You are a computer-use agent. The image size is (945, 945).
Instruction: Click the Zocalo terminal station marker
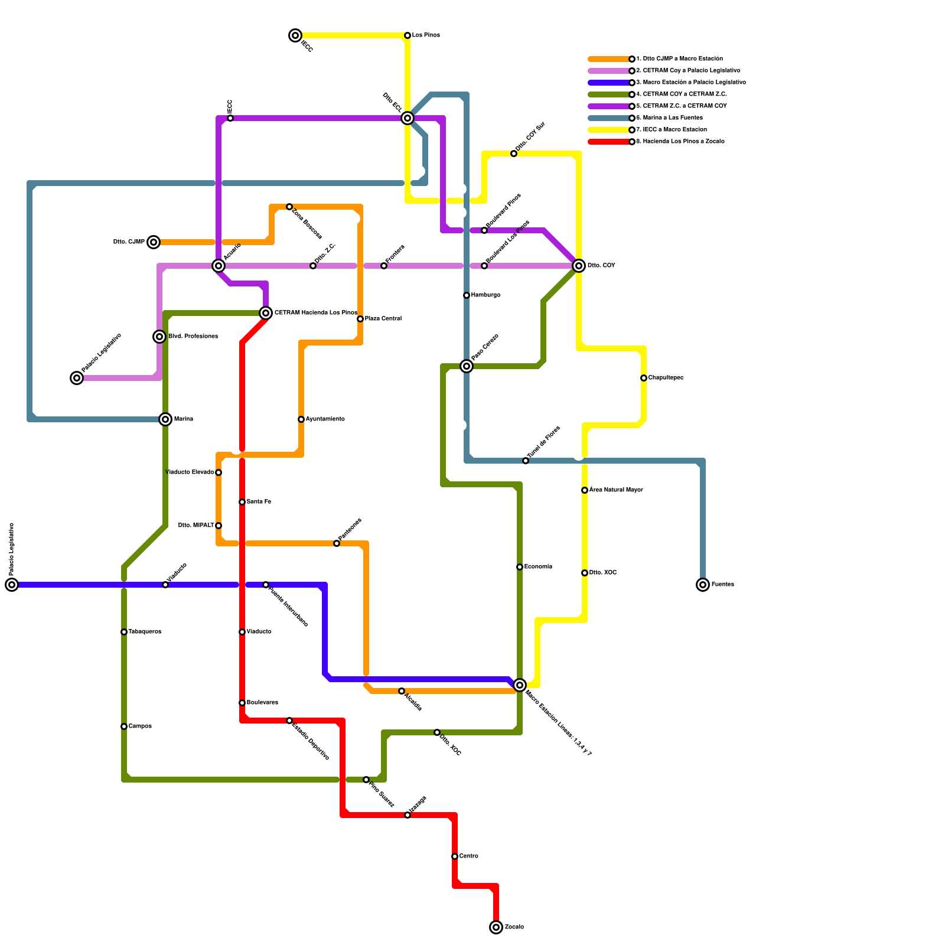(x=496, y=927)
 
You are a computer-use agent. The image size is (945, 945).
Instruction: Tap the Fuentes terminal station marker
(x=703, y=585)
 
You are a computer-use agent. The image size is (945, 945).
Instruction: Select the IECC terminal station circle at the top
(x=296, y=35)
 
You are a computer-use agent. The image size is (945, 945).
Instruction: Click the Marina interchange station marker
(x=166, y=419)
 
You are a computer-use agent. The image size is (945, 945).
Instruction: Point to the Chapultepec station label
(x=666, y=378)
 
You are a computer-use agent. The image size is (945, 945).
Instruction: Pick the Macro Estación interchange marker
(x=520, y=685)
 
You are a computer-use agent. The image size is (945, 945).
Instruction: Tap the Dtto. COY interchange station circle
(x=579, y=266)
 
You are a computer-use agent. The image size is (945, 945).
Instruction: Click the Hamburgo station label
(x=485, y=295)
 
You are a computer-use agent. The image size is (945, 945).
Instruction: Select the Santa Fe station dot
(x=242, y=502)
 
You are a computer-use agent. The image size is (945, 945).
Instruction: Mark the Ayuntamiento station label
(x=325, y=419)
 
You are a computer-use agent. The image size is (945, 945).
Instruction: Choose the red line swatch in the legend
(x=608, y=142)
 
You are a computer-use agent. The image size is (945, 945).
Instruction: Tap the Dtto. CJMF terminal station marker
(x=154, y=242)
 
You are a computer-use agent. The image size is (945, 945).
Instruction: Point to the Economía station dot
(x=520, y=567)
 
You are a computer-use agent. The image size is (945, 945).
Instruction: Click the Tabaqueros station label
(x=145, y=632)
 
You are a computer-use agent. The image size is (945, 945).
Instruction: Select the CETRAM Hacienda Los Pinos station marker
(x=266, y=313)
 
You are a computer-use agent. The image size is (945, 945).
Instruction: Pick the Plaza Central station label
(x=383, y=319)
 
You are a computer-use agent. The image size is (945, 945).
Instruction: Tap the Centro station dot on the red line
(x=455, y=856)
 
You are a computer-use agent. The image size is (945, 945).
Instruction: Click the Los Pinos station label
(x=426, y=35)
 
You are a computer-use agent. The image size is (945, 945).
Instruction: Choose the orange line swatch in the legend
(x=608, y=59)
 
